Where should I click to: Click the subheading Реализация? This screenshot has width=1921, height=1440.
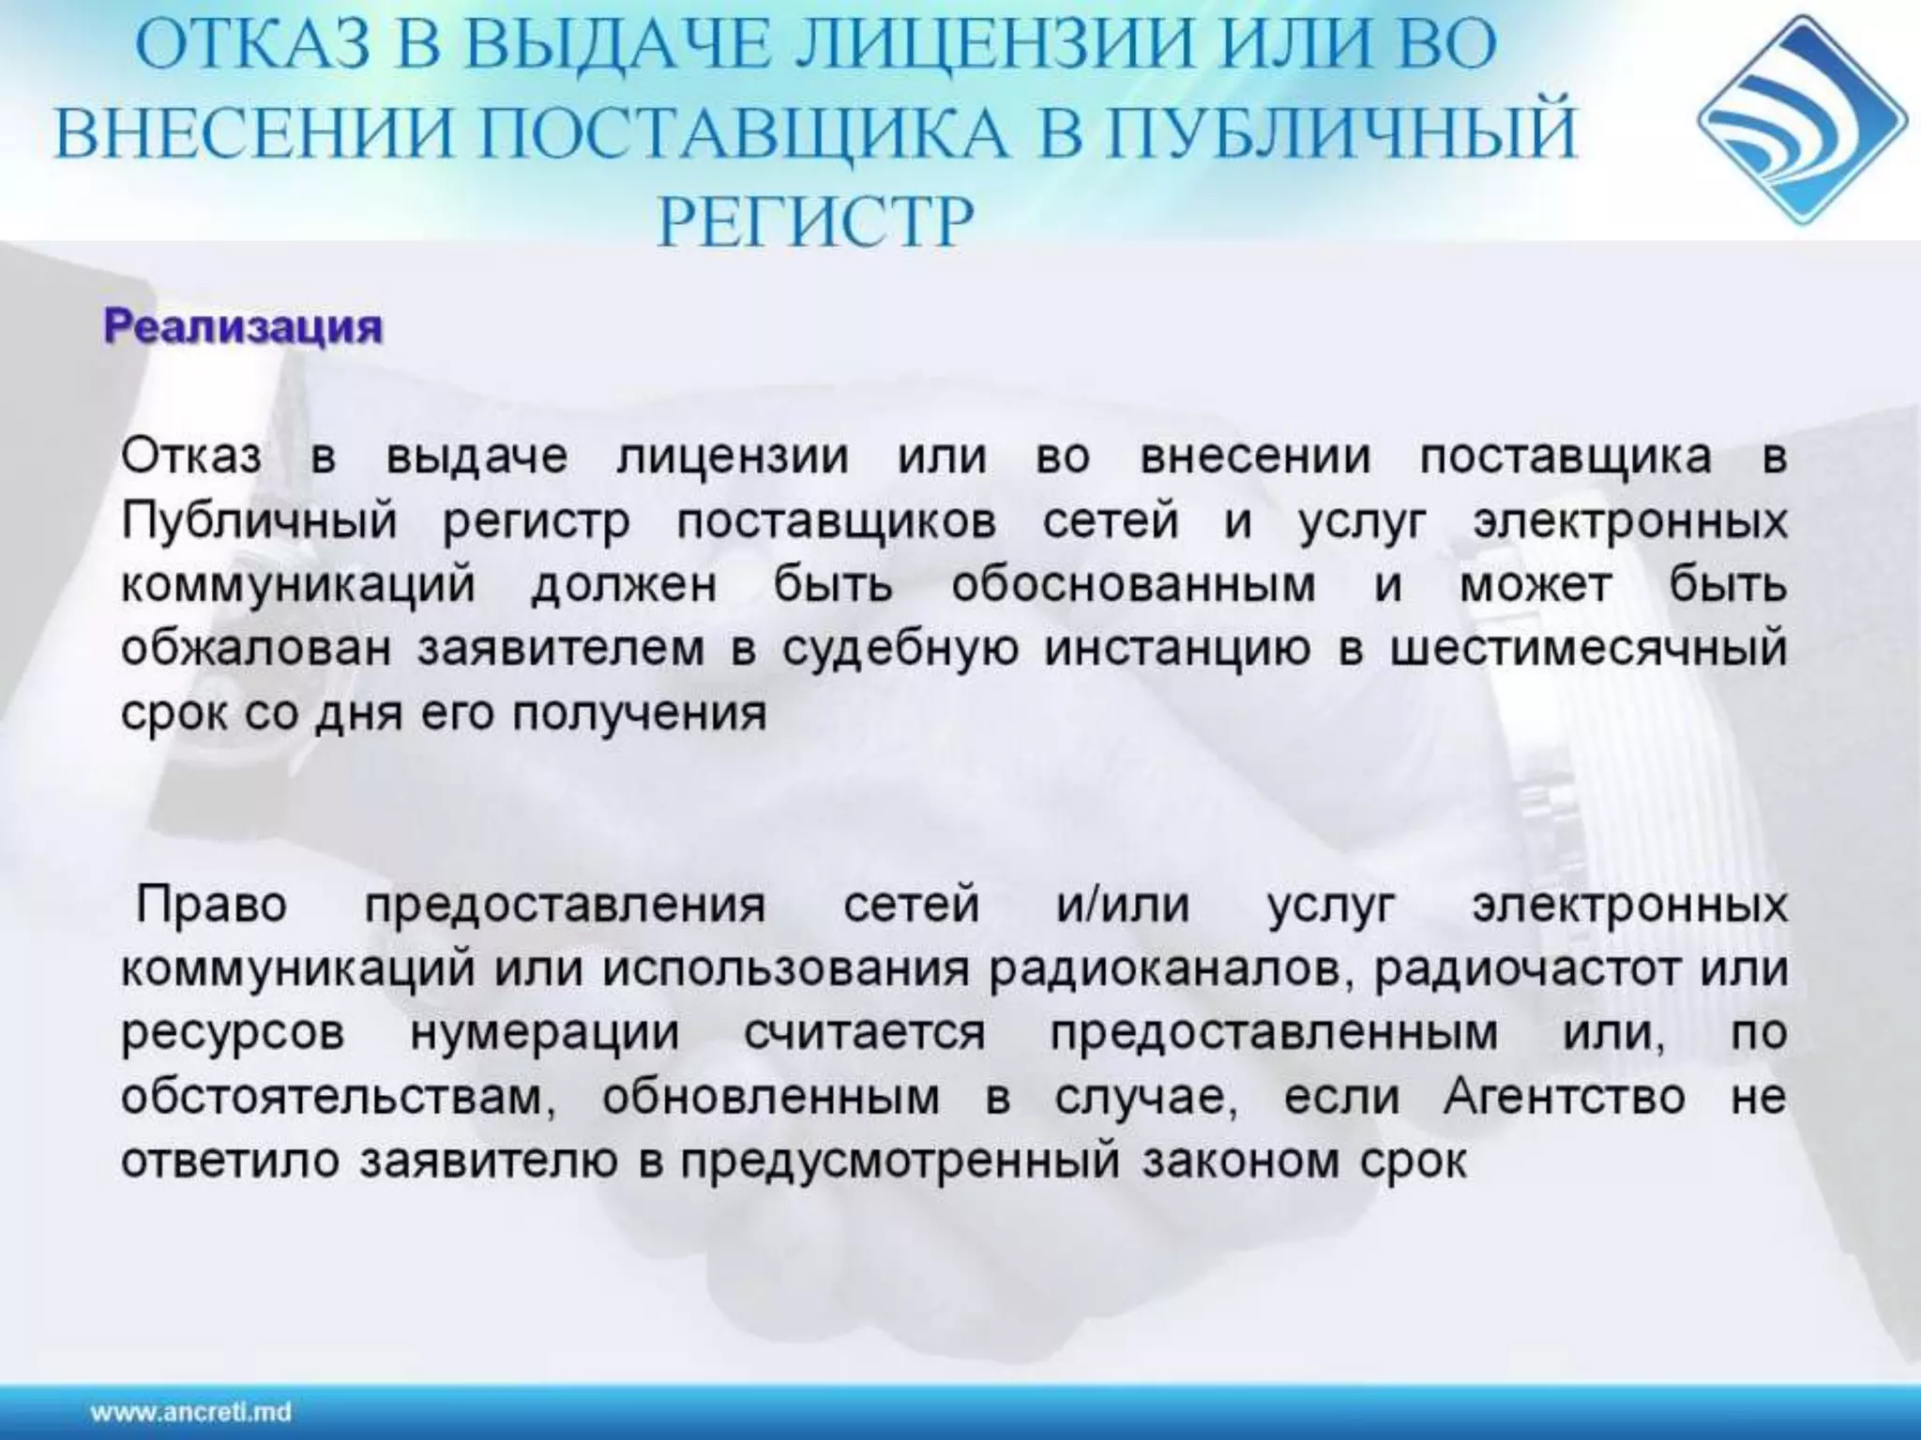click(243, 327)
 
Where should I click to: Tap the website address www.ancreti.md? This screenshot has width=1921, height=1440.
click(191, 1412)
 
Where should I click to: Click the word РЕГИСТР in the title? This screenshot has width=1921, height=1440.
click(815, 222)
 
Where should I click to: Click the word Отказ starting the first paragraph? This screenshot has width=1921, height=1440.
click(191, 457)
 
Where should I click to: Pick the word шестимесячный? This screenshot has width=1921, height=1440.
click(1588, 650)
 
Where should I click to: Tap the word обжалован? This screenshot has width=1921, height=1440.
click(255, 650)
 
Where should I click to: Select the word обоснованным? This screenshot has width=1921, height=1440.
click(1133, 586)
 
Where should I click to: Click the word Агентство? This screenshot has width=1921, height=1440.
click(1564, 1098)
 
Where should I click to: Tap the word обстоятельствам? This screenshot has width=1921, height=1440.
click(339, 1098)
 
